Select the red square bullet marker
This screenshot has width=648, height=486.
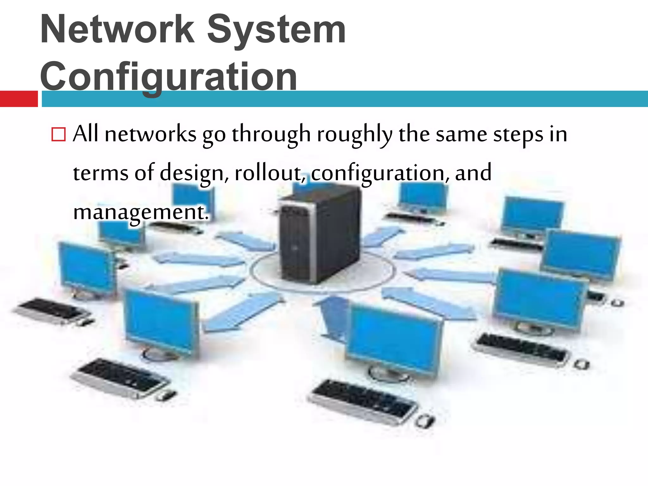tap(59, 134)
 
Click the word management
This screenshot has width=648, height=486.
tap(141, 212)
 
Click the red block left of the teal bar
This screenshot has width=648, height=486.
tap(19, 99)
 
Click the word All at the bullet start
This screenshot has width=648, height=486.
tap(85, 134)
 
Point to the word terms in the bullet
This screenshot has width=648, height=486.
tap(101, 173)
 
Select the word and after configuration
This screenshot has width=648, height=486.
tap(473, 173)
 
